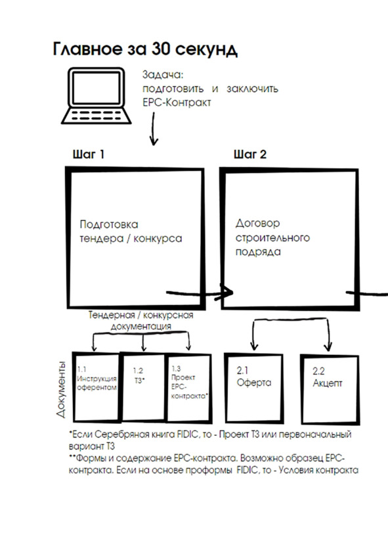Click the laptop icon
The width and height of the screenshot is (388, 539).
pos(96,95)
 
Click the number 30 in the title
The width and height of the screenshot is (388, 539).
pos(159,49)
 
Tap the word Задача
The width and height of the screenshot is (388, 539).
pos(163,75)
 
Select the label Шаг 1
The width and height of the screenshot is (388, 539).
pos(88,154)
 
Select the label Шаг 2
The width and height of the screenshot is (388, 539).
pos(250,154)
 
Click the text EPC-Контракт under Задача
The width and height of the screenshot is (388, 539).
pos(177,103)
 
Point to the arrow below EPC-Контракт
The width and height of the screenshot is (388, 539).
pos(154,129)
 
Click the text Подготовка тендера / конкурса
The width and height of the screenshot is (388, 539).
pos(131,231)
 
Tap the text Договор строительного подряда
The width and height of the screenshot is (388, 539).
pos(272,237)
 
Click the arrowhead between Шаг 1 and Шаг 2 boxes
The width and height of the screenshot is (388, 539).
pos(226,293)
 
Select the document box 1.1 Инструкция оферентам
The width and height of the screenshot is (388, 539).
pos(97,387)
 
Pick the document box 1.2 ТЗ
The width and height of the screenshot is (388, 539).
pos(143,387)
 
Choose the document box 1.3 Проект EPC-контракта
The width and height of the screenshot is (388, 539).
pos(188,388)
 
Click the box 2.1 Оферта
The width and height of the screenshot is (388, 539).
pos(254,388)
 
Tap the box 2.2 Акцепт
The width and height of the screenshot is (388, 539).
pos(330,390)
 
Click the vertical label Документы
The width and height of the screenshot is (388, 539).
pos(61,390)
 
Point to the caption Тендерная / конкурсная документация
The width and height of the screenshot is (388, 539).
pos(140,320)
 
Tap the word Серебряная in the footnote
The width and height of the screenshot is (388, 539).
pos(117,434)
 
